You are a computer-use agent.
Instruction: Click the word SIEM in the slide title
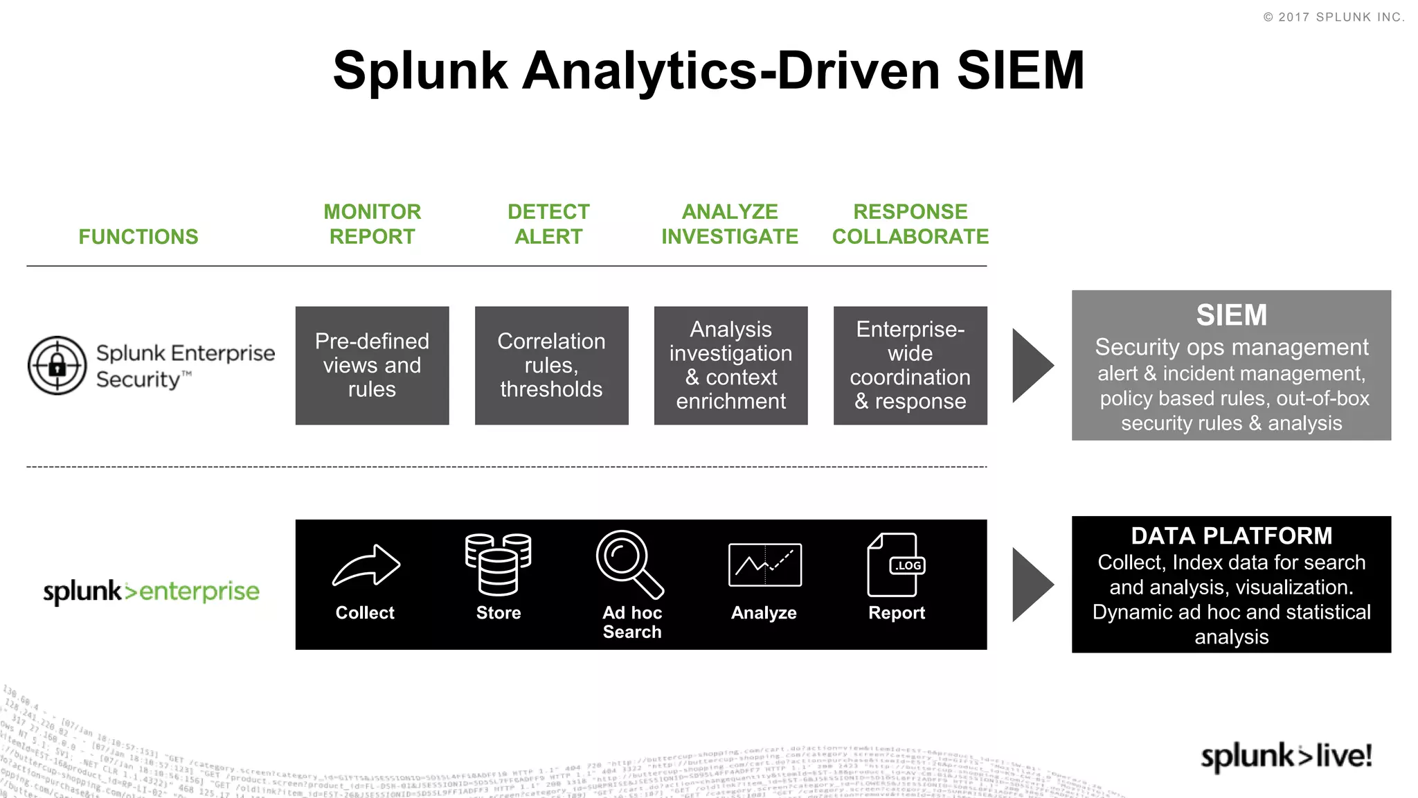coord(1020,71)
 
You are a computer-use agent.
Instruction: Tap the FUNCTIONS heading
coord(138,237)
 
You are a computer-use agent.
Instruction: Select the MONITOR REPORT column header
coord(373,224)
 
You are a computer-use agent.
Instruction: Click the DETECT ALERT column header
coord(548,224)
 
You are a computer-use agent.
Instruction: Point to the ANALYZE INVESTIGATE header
coord(730,224)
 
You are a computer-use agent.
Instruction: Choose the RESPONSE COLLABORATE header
coord(910,224)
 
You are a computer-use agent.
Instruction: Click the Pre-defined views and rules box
coord(372,366)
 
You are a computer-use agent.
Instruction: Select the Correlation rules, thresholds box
coord(551,366)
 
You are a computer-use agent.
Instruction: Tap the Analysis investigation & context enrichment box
coord(730,366)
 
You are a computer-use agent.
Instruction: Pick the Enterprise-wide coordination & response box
coord(910,366)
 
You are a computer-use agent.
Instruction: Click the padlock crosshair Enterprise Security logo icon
coord(57,366)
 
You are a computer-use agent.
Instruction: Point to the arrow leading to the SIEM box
coord(1031,366)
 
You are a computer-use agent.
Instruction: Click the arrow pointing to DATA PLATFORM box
coord(1031,585)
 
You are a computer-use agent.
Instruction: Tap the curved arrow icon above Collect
coord(366,565)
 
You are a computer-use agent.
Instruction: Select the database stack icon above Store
coord(498,565)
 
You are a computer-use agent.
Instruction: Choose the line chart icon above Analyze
coord(764,565)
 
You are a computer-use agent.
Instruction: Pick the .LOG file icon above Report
coord(895,565)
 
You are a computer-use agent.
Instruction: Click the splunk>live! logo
coord(1286,756)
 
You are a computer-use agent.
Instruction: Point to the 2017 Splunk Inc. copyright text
coord(1334,17)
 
